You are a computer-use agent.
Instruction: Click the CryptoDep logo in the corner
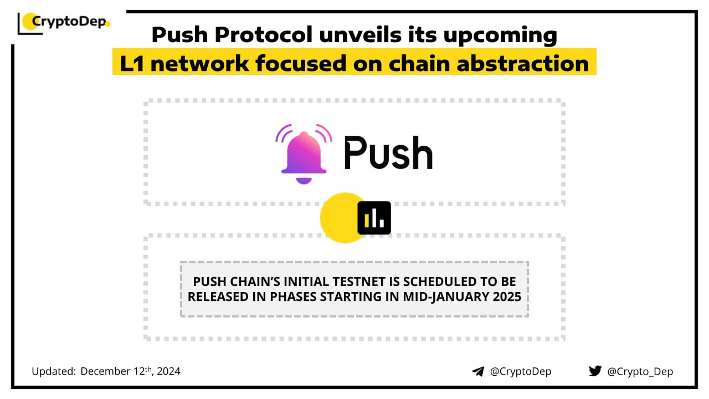coord(64,23)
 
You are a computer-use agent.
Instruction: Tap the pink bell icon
coord(304,154)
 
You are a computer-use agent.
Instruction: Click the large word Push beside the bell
coord(388,154)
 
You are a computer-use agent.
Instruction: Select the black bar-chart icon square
coord(374,218)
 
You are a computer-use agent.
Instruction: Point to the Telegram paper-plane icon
coord(478,371)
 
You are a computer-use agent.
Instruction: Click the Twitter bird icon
coord(595,371)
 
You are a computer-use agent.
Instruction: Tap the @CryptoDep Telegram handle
coord(521,371)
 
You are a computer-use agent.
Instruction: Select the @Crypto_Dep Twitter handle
coord(640,371)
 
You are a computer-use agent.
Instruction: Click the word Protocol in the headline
coord(264,34)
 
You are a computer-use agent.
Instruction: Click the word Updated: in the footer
coord(54,371)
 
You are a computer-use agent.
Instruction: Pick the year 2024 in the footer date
coord(168,371)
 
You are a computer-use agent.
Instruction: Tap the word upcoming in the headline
coord(500,35)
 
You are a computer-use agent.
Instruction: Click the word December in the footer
coord(105,371)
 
